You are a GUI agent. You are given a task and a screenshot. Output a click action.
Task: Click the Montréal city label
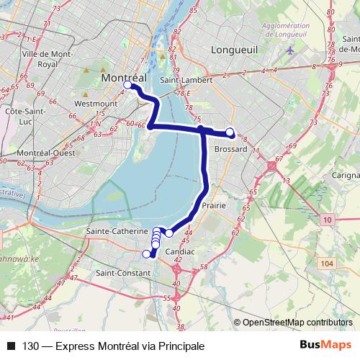click(124, 77)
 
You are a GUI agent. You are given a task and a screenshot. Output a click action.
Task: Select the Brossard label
click(231, 149)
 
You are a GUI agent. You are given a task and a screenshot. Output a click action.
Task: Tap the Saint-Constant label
click(122, 274)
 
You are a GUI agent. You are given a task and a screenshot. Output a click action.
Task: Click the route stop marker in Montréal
click(127, 85)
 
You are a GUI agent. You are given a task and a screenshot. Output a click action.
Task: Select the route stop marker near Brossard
click(230, 132)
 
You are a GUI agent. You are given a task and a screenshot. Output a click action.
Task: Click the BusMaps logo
click(325, 345)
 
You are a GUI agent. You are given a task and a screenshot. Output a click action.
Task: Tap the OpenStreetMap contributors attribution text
click(297, 323)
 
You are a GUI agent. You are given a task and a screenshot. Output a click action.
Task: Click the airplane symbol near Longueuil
click(290, 50)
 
